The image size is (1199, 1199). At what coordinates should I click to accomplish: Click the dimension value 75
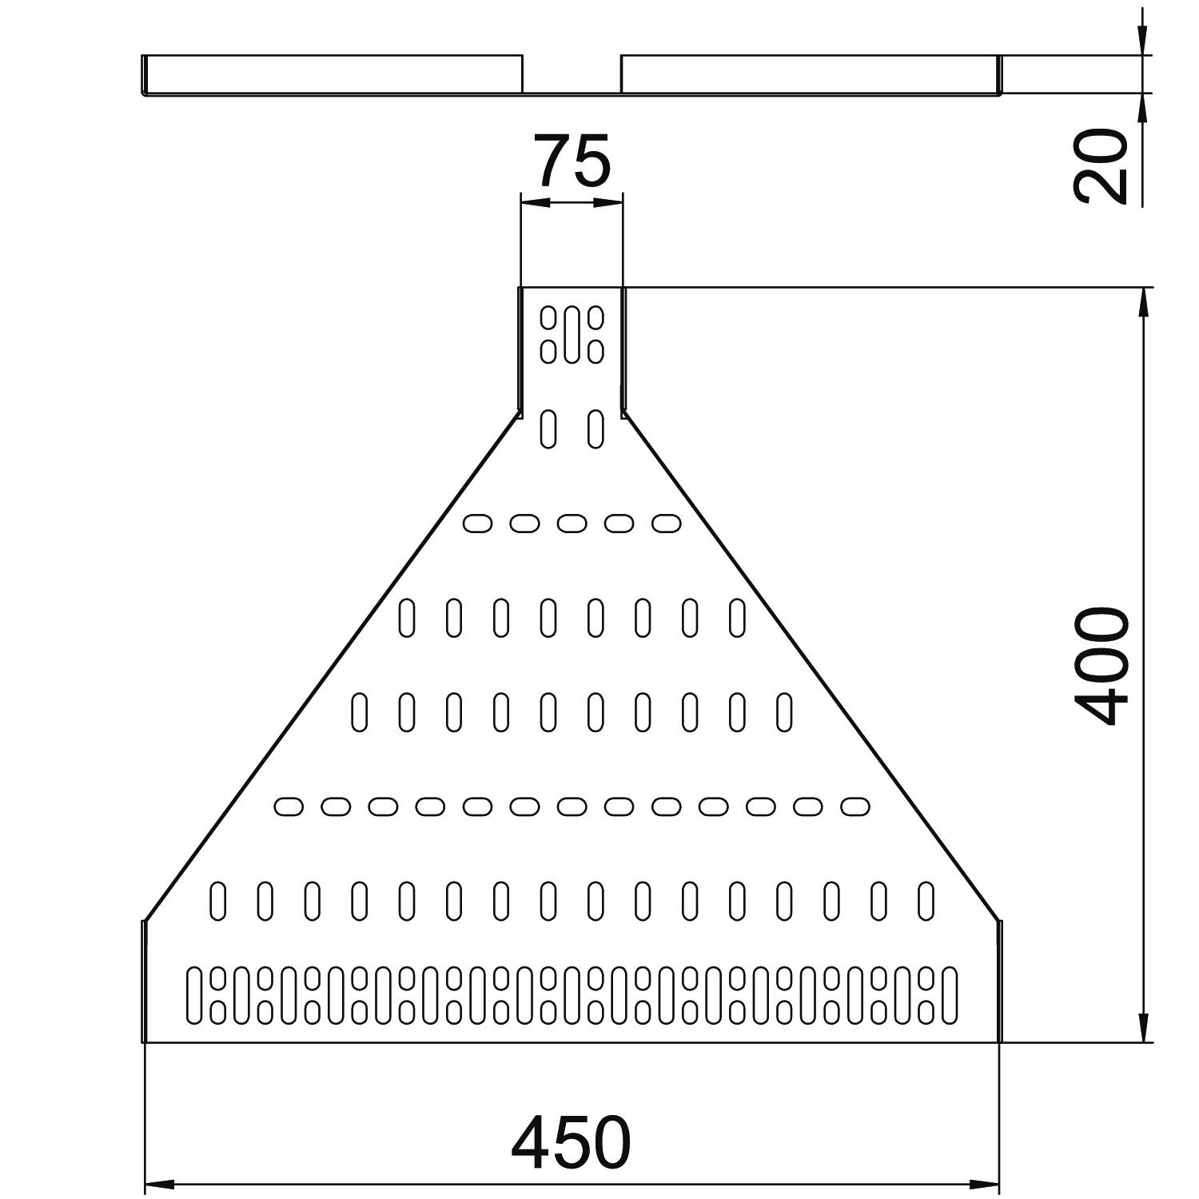tap(572, 161)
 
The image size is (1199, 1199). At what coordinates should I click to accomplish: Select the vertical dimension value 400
tap(1102, 666)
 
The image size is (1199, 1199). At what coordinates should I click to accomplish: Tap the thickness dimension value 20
tap(1102, 166)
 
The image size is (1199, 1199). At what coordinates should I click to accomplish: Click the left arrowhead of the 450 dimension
tap(159, 1184)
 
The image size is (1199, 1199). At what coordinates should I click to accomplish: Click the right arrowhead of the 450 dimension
tap(985, 1184)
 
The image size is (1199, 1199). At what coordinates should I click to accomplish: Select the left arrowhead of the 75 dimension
tap(535, 202)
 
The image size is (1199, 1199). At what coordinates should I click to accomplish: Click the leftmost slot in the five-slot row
tap(477, 524)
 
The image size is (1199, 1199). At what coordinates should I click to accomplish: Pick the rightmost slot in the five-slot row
tap(666, 524)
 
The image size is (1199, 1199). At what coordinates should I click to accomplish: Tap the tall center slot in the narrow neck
tap(572, 334)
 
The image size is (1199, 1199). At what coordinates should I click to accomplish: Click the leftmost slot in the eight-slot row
tap(407, 618)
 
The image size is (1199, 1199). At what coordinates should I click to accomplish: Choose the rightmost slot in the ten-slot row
tap(784, 712)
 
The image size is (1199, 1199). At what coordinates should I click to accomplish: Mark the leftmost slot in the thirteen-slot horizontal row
tap(289, 807)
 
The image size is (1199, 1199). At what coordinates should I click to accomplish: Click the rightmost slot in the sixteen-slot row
tap(926, 901)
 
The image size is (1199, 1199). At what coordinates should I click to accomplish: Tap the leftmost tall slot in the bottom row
tap(194, 995)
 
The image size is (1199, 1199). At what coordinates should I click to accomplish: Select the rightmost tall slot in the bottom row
tap(949, 995)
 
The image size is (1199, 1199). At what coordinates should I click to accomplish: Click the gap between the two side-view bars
tap(572, 74)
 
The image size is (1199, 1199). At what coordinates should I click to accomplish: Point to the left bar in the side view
tap(333, 74)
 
